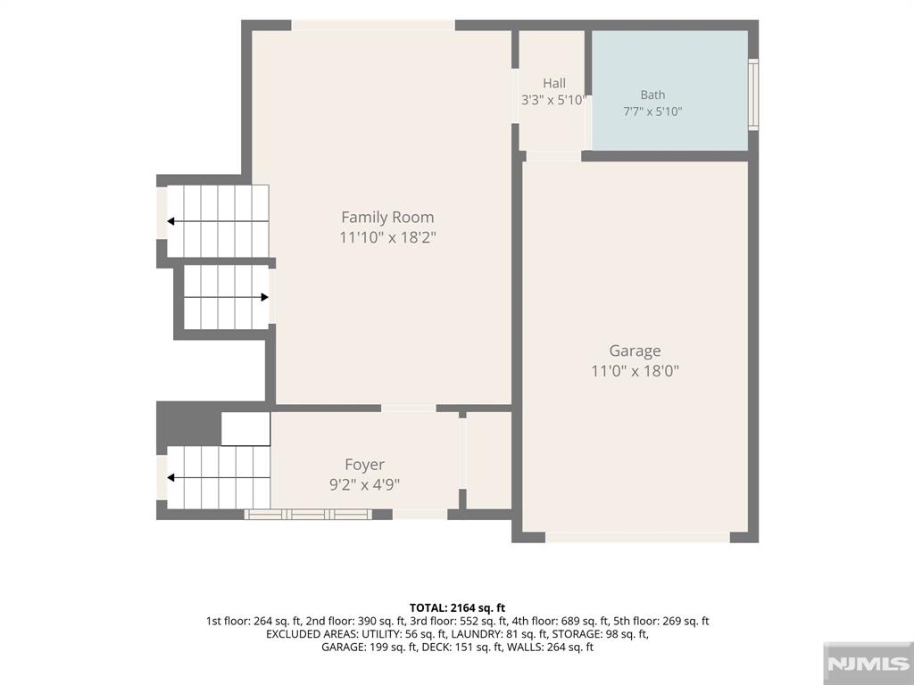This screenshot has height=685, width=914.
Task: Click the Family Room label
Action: [x=387, y=218]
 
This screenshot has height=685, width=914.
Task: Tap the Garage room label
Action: [x=635, y=351]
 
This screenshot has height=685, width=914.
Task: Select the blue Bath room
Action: [x=669, y=90]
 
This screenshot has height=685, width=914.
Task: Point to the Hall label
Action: [x=553, y=83]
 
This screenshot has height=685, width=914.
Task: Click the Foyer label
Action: [x=364, y=465]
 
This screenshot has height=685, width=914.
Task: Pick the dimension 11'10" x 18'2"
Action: [x=387, y=237]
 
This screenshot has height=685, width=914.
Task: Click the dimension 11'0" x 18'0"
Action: [x=636, y=371]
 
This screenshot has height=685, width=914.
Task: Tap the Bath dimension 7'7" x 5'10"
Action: [x=652, y=111]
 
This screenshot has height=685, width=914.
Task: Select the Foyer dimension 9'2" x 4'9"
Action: [x=364, y=484]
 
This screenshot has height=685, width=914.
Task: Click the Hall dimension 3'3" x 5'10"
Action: [x=553, y=100]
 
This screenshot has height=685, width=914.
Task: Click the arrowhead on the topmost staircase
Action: [x=170, y=221]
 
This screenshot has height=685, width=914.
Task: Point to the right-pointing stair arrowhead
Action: [x=264, y=297]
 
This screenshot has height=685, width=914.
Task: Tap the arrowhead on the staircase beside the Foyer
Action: [x=170, y=478]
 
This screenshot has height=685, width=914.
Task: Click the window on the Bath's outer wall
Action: [x=753, y=95]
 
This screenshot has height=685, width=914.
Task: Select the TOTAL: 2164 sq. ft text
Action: [x=457, y=608]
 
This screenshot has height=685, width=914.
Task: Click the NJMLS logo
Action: [x=868, y=664]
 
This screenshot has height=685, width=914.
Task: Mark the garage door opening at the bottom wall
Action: [x=637, y=537]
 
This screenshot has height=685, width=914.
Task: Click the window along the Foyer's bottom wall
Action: [x=308, y=515]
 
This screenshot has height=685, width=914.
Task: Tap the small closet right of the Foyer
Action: [x=488, y=460]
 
